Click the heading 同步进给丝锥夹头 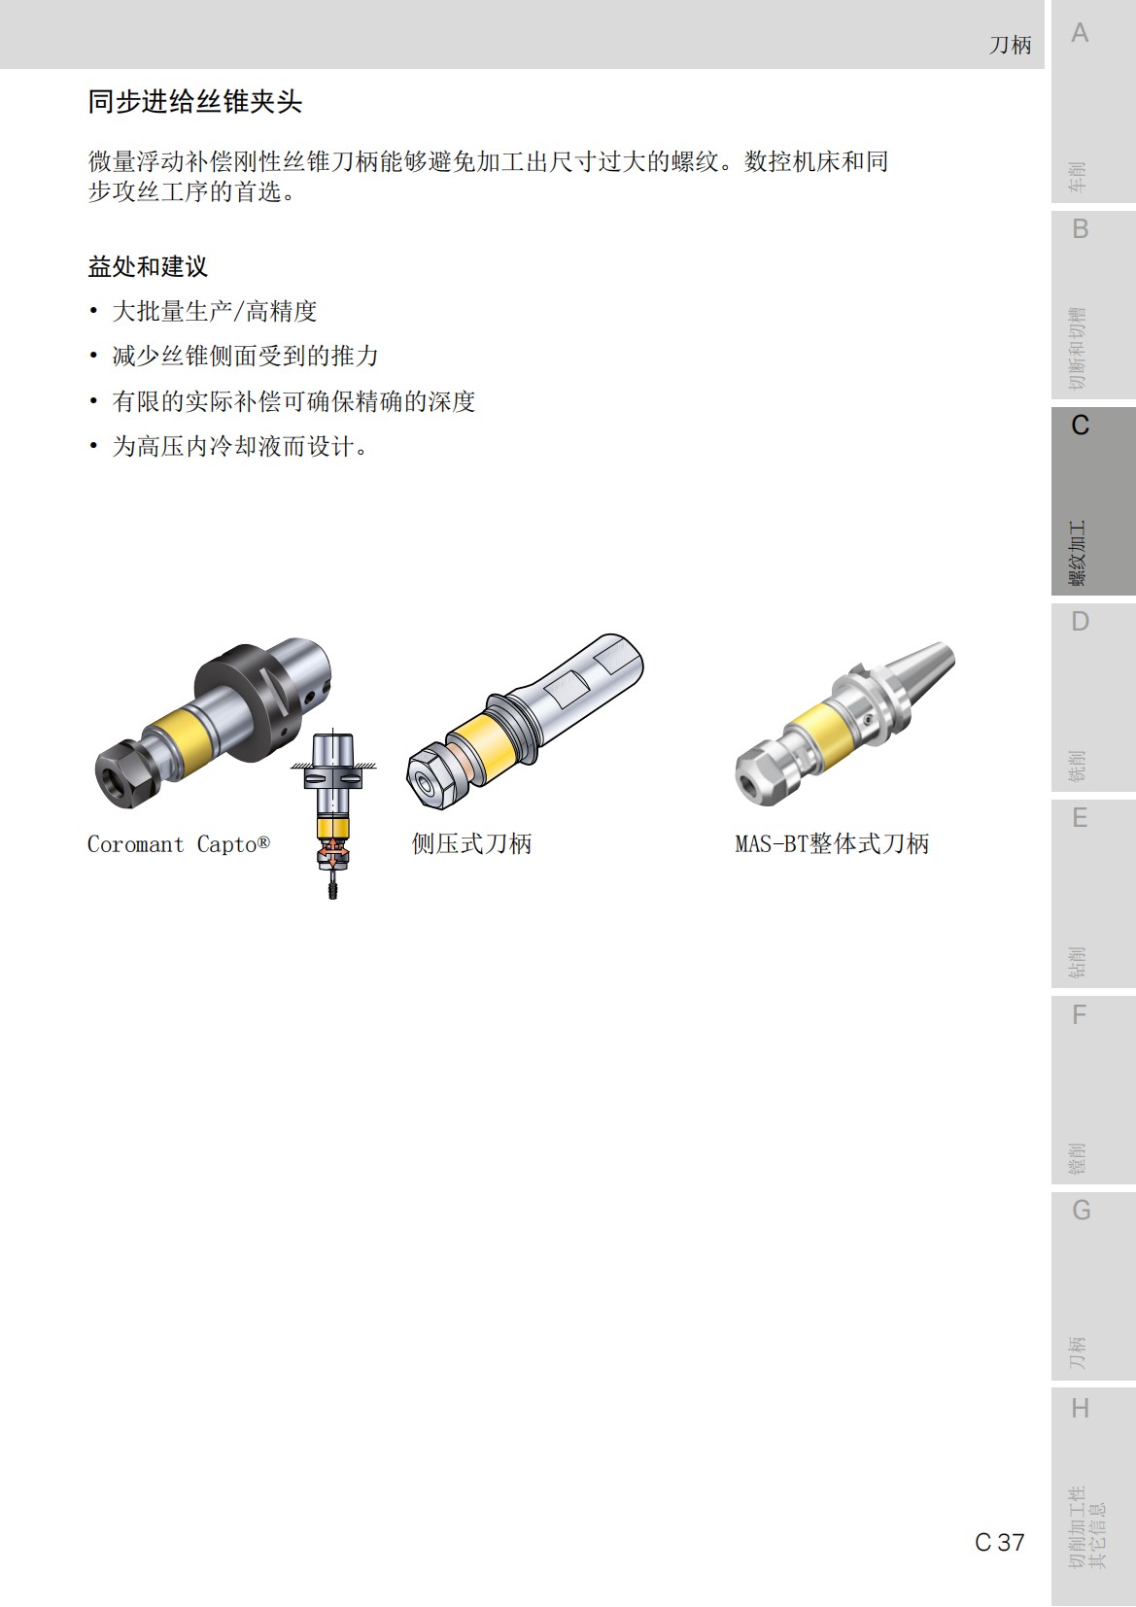click(194, 102)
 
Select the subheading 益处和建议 click(148, 267)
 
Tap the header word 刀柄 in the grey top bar click(1010, 45)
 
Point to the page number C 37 click(999, 1542)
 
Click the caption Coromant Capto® click(178, 844)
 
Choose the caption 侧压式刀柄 click(471, 844)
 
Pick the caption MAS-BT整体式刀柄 click(832, 844)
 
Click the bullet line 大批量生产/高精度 click(215, 312)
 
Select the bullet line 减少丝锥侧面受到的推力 click(245, 357)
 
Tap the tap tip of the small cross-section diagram click(332, 889)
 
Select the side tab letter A click(1080, 34)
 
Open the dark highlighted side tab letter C click(1080, 426)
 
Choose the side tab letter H click(1080, 1409)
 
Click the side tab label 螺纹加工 click(1078, 554)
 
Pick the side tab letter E click(1080, 818)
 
